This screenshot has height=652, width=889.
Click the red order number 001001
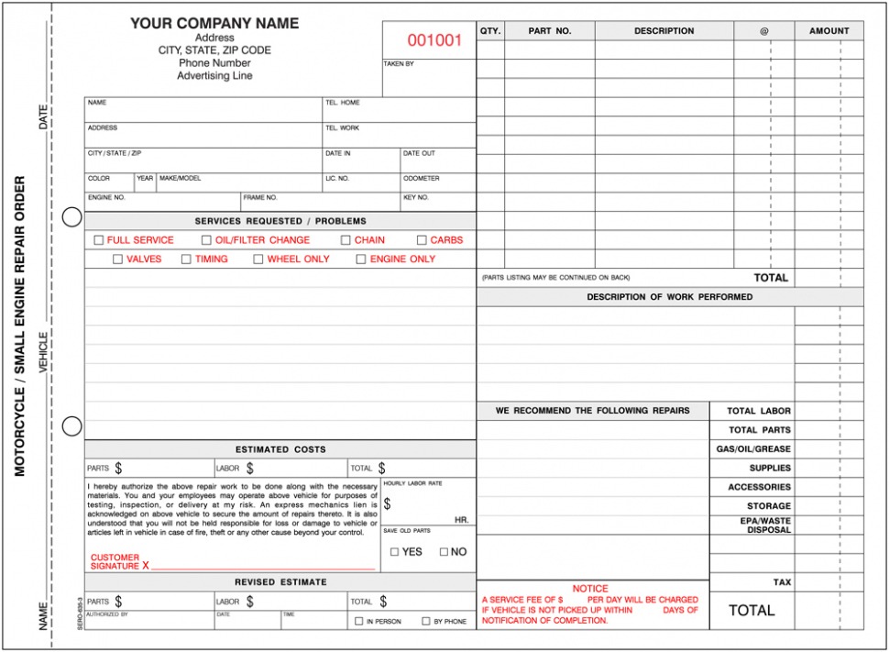point(434,41)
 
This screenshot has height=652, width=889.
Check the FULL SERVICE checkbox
point(99,240)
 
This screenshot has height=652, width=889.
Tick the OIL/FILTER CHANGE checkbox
point(207,240)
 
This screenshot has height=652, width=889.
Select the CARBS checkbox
point(422,240)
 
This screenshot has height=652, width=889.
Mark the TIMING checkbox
point(186,260)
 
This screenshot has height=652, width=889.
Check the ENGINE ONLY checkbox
point(361,260)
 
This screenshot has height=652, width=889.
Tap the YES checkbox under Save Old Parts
point(394,552)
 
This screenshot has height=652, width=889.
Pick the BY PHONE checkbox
point(426,622)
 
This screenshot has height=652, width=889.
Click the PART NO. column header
point(550,31)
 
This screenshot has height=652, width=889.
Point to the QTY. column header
point(490,31)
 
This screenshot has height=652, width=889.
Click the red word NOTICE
point(590,589)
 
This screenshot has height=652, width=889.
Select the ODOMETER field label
point(422,179)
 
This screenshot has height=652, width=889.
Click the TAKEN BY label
point(399,64)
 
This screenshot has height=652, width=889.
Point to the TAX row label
point(782,582)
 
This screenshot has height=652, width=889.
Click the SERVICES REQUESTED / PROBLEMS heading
point(280,221)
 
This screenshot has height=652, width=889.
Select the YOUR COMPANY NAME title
point(214,23)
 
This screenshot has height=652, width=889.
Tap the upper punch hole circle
point(71,217)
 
